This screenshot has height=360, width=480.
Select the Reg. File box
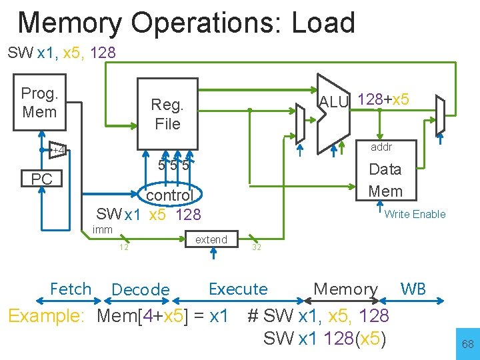click(x=167, y=114)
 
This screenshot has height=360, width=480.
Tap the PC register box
click(x=41, y=179)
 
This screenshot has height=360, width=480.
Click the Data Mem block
click(x=385, y=180)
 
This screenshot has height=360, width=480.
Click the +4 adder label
click(x=59, y=150)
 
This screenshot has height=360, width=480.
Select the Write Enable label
click(x=415, y=214)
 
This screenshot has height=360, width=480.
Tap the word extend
click(x=211, y=239)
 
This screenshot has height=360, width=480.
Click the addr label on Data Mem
click(x=381, y=147)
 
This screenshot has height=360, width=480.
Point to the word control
click(x=169, y=195)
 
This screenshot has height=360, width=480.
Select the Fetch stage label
click(x=71, y=289)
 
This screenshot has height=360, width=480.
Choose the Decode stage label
click(x=141, y=290)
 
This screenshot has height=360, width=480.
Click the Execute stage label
click(x=238, y=289)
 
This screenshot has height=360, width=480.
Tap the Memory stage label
click(x=345, y=289)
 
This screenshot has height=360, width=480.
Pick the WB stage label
click(x=413, y=289)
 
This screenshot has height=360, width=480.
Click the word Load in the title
click(x=323, y=23)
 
